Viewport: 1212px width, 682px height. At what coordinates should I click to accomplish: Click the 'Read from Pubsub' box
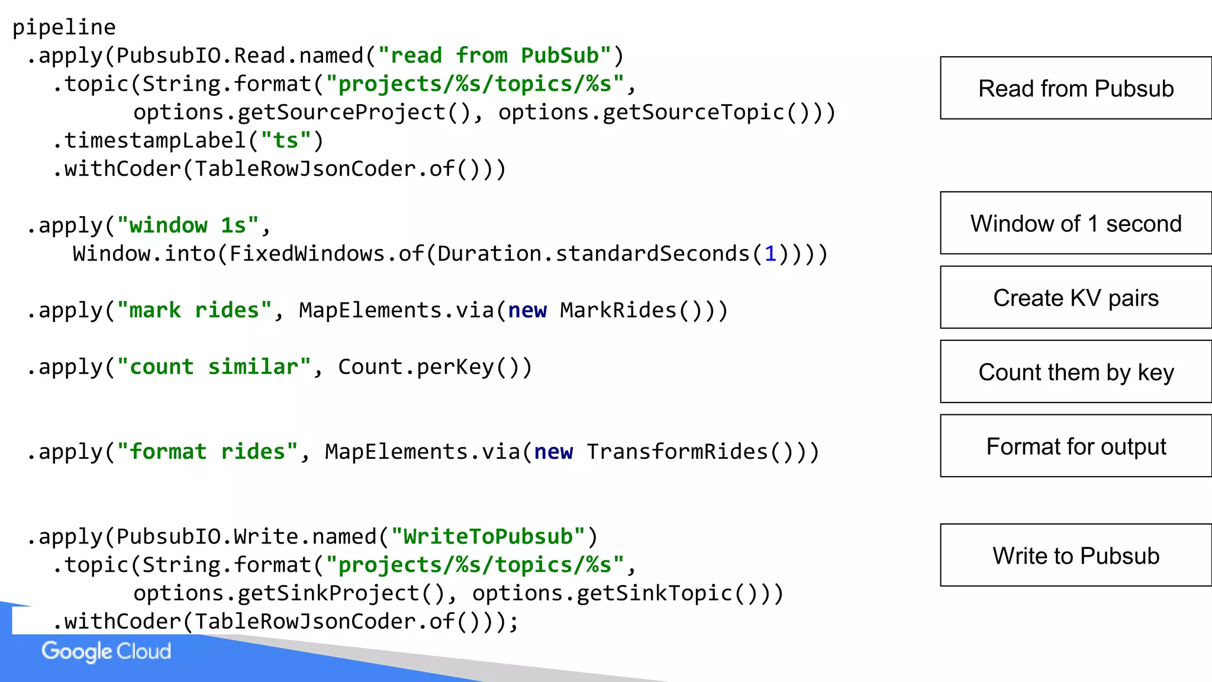tap(1075, 88)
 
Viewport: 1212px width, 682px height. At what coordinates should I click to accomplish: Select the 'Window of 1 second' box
tap(1075, 223)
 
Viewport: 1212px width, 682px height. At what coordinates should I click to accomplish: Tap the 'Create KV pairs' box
tap(1075, 297)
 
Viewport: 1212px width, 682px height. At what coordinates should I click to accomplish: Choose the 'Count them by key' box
tap(1075, 372)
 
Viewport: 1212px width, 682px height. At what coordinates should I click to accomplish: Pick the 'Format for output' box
tap(1075, 446)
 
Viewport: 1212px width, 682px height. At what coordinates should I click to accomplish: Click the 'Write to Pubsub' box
tap(1075, 555)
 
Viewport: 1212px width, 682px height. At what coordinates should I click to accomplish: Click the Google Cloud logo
tap(107, 651)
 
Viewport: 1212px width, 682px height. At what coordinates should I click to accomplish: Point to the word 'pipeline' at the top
tap(64, 27)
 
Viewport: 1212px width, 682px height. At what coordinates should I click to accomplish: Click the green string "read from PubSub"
tap(495, 56)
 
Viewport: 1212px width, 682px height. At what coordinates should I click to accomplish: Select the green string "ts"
tap(285, 141)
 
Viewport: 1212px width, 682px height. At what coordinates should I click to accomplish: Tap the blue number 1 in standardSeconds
tap(770, 254)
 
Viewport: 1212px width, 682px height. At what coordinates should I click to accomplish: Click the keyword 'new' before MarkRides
tap(527, 310)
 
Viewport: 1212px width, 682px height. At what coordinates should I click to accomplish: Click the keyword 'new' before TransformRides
tap(553, 452)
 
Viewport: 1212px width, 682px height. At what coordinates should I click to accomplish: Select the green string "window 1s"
tap(188, 226)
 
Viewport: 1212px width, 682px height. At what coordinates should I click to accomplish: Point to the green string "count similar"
tap(214, 367)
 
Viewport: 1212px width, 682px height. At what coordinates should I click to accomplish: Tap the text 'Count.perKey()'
tap(435, 367)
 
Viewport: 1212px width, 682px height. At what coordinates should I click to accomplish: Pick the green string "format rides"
tap(207, 452)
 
